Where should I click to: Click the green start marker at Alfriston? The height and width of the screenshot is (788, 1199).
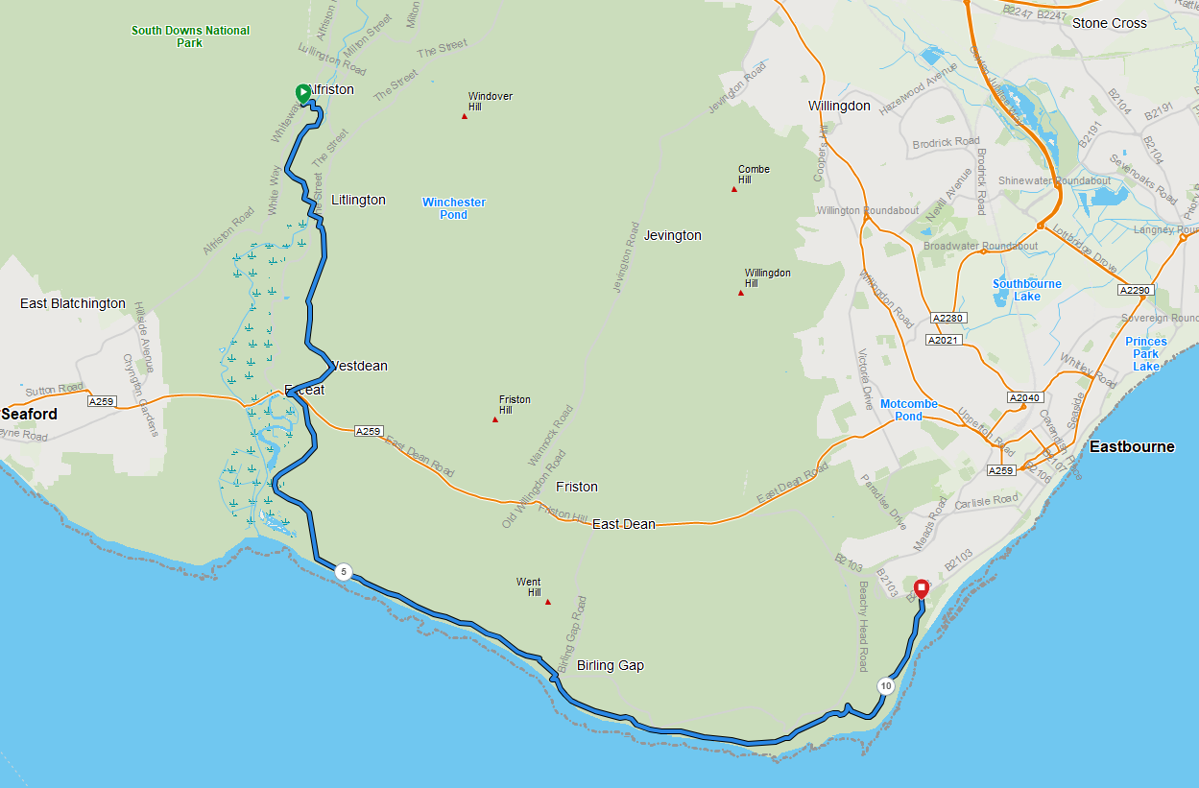click(x=302, y=93)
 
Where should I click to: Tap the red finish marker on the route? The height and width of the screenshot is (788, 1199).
click(x=922, y=587)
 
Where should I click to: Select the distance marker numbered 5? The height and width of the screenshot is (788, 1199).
click(x=344, y=572)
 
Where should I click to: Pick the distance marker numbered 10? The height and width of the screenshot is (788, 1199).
click(x=885, y=686)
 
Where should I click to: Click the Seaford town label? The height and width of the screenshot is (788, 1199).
click(x=29, y=415)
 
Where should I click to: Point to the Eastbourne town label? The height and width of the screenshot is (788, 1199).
click(x=1132, y=447)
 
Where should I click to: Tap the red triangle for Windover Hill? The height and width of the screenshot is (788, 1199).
click(x=465, y=116)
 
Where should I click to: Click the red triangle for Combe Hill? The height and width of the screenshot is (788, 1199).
click(x=734, y=189)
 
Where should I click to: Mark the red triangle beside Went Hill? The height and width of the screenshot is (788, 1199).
click(x=548, y=602)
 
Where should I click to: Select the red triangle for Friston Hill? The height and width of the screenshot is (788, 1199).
click(x=495, y=419)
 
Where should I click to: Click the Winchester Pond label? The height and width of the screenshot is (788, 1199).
click(x=454, y=208)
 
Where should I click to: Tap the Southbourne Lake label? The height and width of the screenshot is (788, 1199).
click(x=1027, y=290)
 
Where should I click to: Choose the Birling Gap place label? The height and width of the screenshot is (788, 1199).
click(x=611, y=665)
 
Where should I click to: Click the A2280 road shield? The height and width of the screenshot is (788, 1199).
click(x=947, y=318)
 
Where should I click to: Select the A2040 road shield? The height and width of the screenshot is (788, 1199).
click(x=1024, y=397)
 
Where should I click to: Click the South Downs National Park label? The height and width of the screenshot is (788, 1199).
click(x=190, y=36)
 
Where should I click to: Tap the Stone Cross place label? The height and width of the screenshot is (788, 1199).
click(x=1110, y=23)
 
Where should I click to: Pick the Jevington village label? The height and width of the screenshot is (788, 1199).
click(x=673, y=235)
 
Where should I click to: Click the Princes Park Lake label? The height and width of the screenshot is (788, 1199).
click(x=1146, y=354)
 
